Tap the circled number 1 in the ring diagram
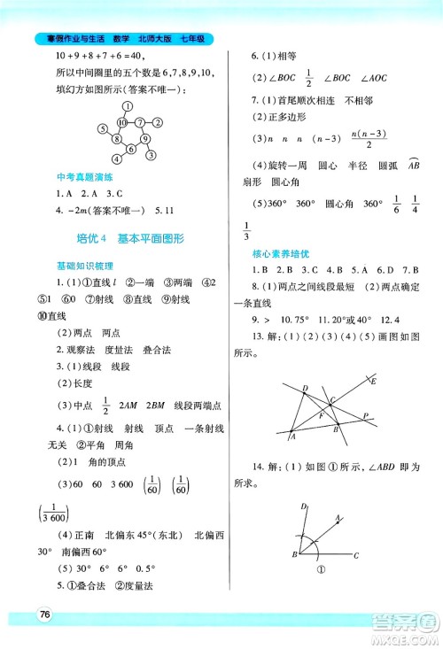[127, 106]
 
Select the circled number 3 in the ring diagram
[150, 157]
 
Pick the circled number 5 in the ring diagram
[103, 126]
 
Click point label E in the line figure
[375, 382]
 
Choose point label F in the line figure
[321, 415]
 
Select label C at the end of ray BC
[355, 556]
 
